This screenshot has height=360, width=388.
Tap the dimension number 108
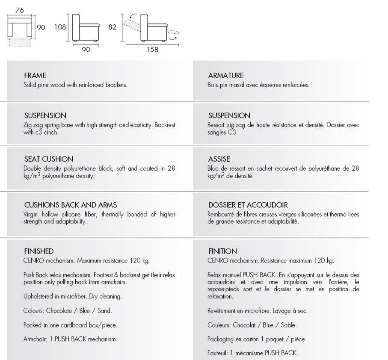tap(60, 27)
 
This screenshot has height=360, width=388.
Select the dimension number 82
tap(112, 27)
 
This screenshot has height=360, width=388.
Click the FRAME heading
tap(35, 76)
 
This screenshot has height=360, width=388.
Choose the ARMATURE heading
tap(226, 76)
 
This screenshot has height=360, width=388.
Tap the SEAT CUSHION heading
tap(49, 159)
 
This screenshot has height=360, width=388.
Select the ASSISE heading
tap(219, 159)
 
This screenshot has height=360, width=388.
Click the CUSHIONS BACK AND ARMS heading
tap(71, 205)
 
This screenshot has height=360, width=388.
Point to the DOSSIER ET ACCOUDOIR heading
tap(248, 205)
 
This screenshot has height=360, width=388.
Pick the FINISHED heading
tap(39, 251)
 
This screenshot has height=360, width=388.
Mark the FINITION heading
tap(222, 251)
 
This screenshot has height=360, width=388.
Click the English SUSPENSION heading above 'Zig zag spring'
tap(45, 115)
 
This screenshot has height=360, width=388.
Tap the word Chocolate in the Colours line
tap(58, 311)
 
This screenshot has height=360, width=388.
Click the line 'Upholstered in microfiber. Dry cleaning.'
tap(73, 296)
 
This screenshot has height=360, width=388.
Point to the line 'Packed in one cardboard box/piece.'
tap(71, 325)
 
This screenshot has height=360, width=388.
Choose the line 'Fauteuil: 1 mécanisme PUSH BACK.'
tap(252, 353)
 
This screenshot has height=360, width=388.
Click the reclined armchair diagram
tap(152, 28)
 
